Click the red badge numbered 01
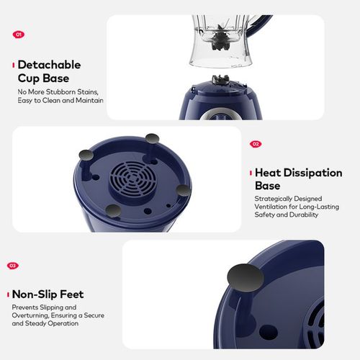click(19, 34)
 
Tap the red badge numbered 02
click(256, 144)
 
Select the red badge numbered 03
click(13, 266)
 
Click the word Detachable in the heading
click(49, 65)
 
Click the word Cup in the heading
click(29, 78)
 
